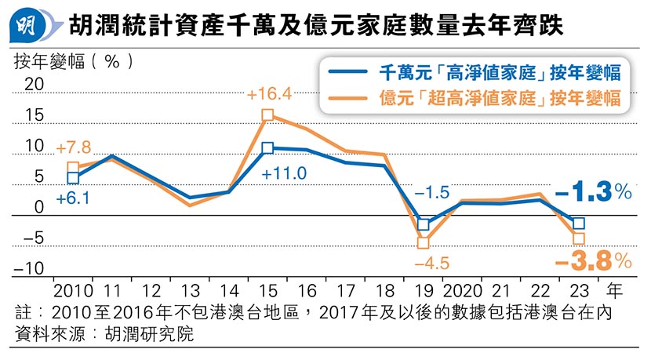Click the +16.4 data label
click(269, 95)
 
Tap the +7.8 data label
click(73, 147)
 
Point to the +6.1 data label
click(71, 199)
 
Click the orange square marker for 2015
click(268, 115)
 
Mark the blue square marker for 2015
click(268, 147)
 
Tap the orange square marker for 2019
click(424, 243)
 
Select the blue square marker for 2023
click(579, 224)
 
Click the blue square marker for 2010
click(73, 178)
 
